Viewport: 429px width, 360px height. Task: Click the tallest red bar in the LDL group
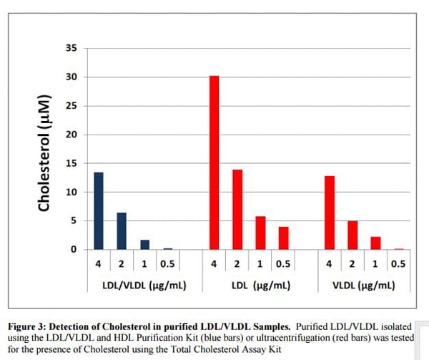pos(214,162)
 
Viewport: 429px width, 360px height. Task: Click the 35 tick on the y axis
pos(70,49)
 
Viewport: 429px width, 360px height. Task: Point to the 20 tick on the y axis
pos(70,135)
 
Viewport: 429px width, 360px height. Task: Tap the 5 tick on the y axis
pos(72,221)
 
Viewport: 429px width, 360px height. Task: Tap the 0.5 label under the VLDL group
pos(398,263)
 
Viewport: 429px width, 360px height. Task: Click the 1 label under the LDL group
pos(260,263)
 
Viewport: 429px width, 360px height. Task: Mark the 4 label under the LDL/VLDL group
pos(99,263)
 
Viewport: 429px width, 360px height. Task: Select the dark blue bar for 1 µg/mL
pos(144,245)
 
